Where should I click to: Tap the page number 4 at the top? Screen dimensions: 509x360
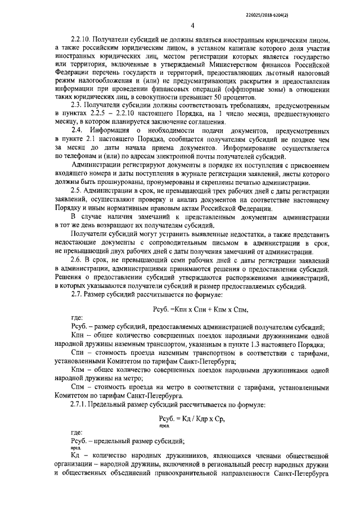pos(192,25)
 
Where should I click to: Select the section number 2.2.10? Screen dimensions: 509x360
pos(81,41)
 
